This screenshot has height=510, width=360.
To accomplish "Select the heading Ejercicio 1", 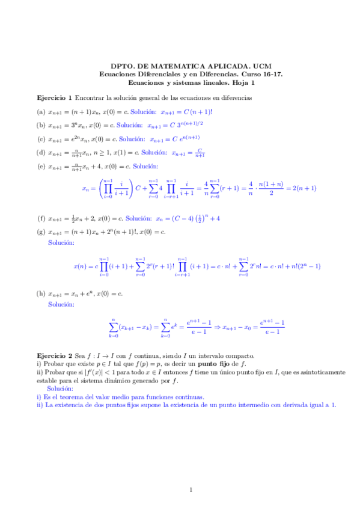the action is pyautogui.click(x=54, y=97).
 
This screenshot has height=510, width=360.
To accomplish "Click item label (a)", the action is pyautogui.click(x=41, y=111).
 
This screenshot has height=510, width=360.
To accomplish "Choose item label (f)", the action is pyautogui.click(x=41, y=218).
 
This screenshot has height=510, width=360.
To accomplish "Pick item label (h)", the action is pyautogui.click(x=41, y=293).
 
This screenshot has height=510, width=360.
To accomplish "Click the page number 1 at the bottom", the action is pyautogui.click(x=191, y=489).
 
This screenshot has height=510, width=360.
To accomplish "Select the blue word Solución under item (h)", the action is pyautogui.click(x=61, y=305).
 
